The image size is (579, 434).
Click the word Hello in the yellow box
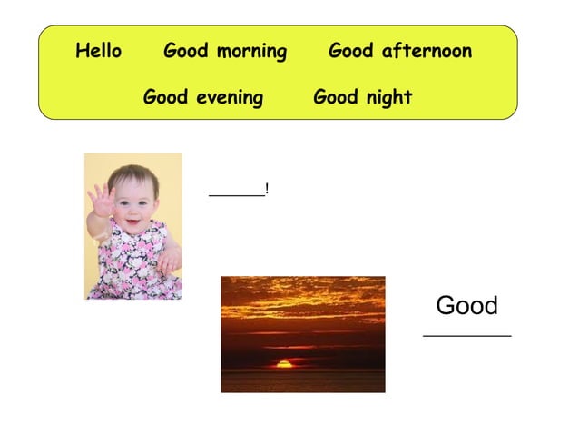[98, 51]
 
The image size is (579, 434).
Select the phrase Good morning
[224, 51]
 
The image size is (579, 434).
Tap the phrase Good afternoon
[399, 51]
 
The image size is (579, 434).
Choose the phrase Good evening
[202, 96]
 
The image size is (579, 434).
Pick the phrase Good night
[362, 96]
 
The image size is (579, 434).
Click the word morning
[251, 52]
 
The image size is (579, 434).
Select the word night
[388, 96]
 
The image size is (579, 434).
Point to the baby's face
[134, 202]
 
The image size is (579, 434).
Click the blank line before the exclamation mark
[236, 193]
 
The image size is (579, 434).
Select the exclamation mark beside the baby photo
[267, 188]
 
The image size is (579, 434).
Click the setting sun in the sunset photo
[285, 364]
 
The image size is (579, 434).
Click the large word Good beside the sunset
[466, 306]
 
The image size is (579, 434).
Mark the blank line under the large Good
[466, 335]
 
